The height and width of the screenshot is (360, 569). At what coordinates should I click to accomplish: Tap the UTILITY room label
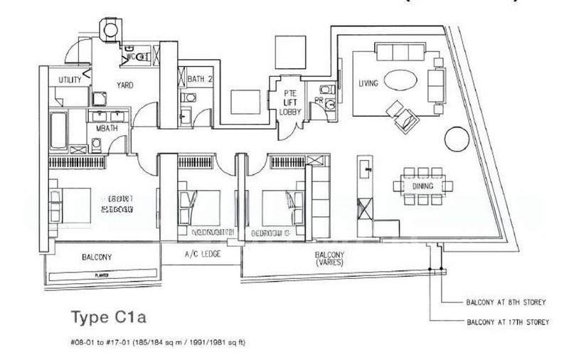pyautogui.click(x=70, y=80)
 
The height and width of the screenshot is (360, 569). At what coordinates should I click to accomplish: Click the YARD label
pyautogui.click(x=125, y=85)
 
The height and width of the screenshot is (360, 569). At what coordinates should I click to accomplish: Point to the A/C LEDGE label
pyautogui.click(x=201, y=254)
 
